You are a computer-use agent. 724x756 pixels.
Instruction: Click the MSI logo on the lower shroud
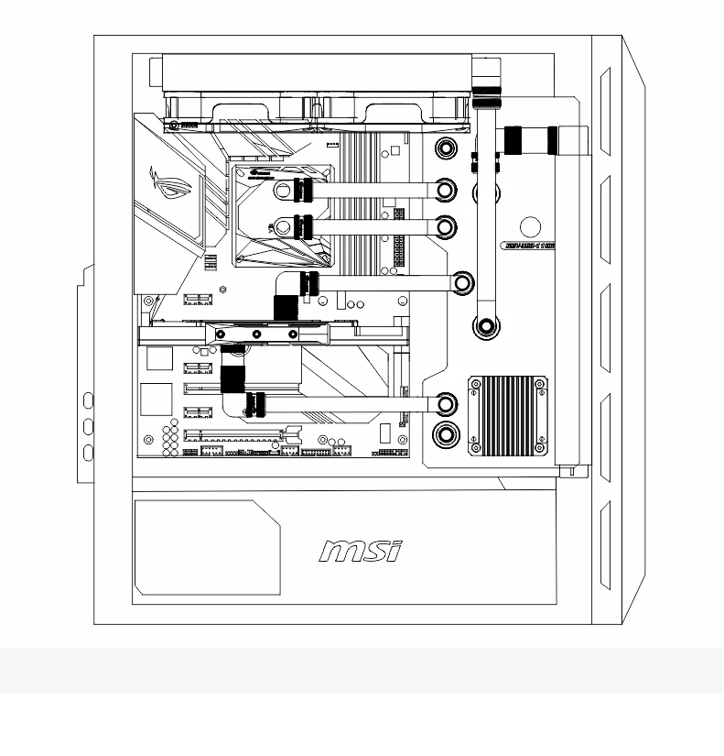tap(361, 550)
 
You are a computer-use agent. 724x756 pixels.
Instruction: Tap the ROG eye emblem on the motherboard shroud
tap(176, 191)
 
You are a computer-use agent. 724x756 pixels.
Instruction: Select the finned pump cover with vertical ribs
tap(508, 415)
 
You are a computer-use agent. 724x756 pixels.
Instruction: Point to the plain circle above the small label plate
tap(530, 228)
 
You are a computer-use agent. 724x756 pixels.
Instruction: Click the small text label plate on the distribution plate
tap(530, 246)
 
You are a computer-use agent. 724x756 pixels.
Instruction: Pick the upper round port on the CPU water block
tap(284, 191)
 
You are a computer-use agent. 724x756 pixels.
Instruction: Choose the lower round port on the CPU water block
tap(284, 225)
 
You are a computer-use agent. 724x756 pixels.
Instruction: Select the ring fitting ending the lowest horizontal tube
tap(446, 403)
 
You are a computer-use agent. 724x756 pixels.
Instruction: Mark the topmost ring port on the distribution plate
tap(446, 148)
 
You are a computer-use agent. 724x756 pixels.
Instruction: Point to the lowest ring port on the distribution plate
tap(446, 434)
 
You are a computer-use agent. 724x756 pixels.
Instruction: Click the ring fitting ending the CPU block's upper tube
tap(445, 191)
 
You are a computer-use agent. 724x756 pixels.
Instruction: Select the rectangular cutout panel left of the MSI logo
tap(207, 547)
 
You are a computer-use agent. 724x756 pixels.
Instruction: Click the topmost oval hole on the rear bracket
tap(89, 400)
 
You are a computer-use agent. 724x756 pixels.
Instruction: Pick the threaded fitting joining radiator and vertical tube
tap(487, 94)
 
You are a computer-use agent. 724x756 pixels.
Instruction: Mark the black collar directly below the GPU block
tap(232, 377)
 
